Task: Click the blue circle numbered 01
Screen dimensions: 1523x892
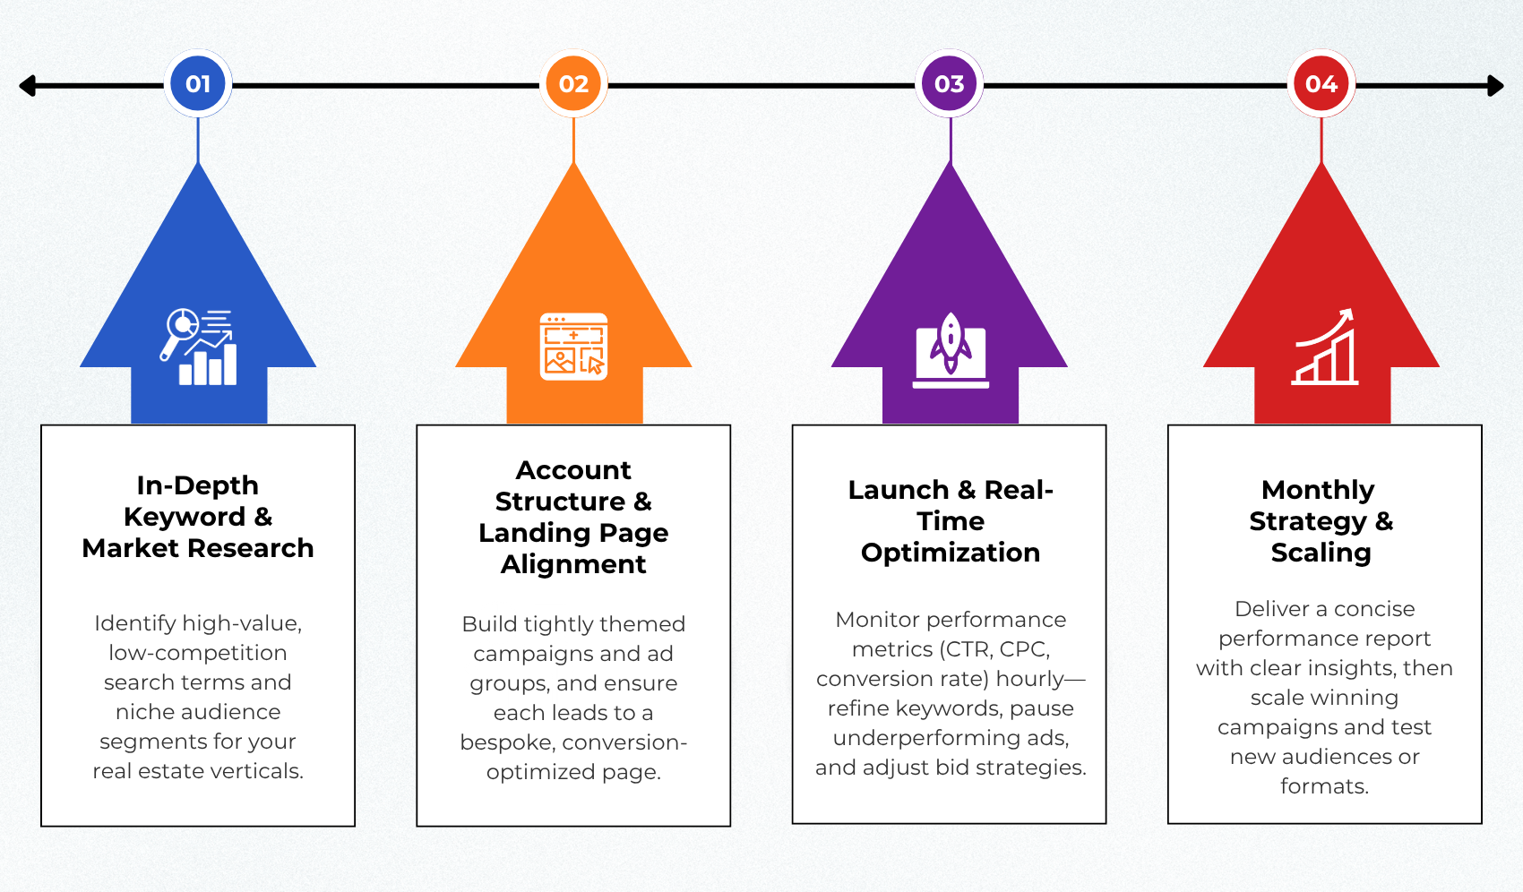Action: tap(198, 83)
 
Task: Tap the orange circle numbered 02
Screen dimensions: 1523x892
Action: tap(573, 83)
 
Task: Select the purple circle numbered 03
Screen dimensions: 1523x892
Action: tap(949, 83)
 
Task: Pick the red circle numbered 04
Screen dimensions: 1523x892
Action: tap(1321, 83)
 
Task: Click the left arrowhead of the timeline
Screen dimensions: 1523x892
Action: tap(27, 86)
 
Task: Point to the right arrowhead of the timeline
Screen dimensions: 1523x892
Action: tap(1495, 86)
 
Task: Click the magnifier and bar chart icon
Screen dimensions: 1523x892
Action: tap(199, 347)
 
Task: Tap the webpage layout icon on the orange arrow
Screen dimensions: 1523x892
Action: tap(573, 346)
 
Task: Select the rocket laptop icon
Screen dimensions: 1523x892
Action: tap(951, 350)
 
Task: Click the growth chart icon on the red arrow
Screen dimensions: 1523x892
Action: tap(1324, 347)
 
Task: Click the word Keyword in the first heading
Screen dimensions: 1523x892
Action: tap(185, 518)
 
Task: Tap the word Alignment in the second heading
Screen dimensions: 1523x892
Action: tap(573, 565)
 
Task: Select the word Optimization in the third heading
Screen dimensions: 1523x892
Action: tap(951, 553)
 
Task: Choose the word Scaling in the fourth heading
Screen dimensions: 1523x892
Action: tap(1321, 553)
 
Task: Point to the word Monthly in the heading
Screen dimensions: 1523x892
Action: tap(1318, 490)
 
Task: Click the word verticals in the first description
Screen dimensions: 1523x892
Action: tap(255, 771)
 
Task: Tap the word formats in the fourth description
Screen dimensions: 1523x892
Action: tap(1324, 786)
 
